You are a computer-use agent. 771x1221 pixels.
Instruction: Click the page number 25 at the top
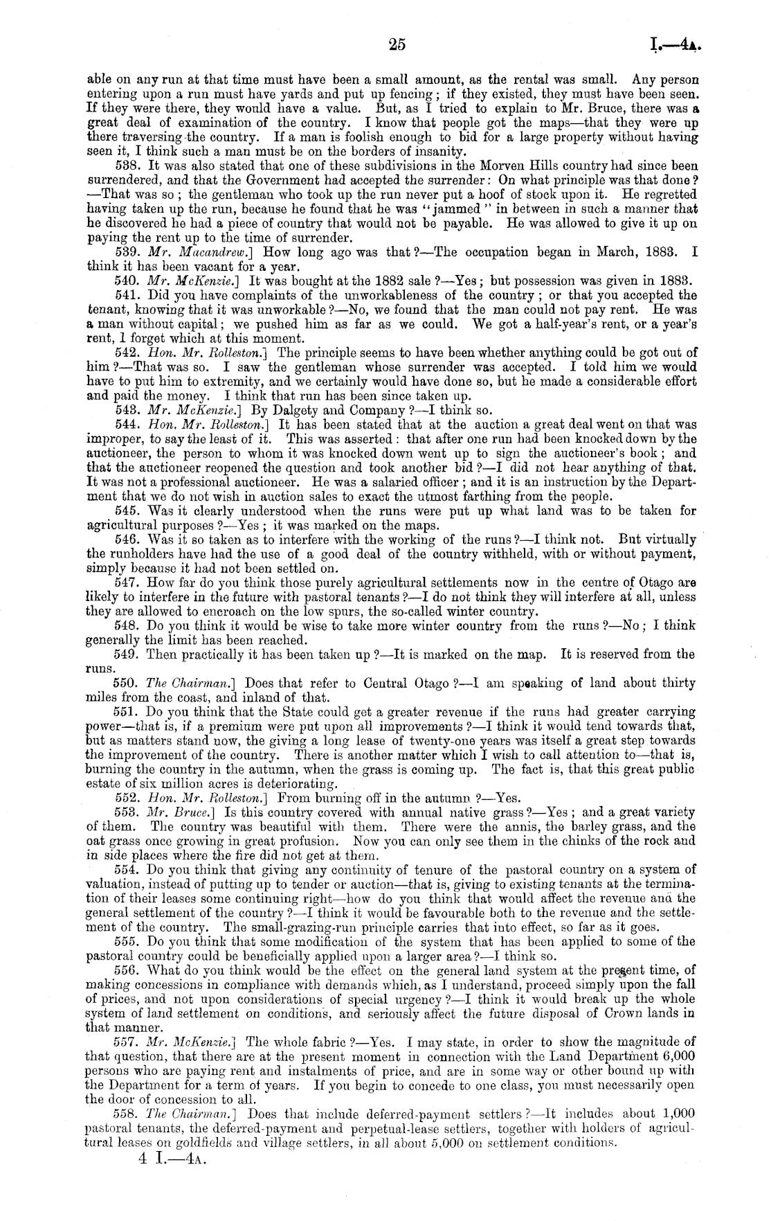click(x=397, y=45)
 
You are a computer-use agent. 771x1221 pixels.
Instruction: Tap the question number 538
click(x=125, y=167)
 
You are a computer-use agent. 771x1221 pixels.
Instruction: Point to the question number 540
click(x=125, y=282)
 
